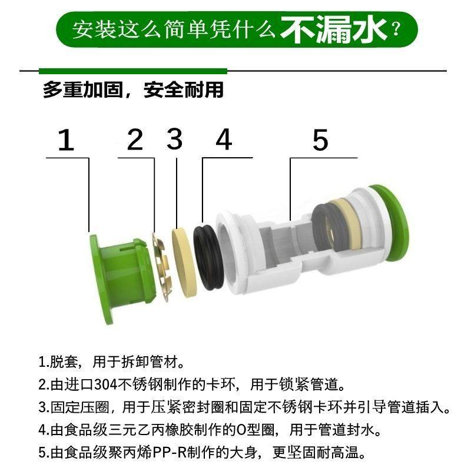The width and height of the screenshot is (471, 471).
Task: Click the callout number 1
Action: point(66,141)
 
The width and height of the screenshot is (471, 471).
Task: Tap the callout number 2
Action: point(135,140)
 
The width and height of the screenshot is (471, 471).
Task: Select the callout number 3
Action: point(175,140)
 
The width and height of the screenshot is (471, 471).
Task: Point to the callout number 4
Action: point(224,140)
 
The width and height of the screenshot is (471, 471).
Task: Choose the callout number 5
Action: point(320,141)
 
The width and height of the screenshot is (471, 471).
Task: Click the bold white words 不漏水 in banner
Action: point(333,29)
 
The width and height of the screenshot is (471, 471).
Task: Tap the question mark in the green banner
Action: point(396,29)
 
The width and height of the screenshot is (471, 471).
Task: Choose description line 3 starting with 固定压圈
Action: point(244,407)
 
